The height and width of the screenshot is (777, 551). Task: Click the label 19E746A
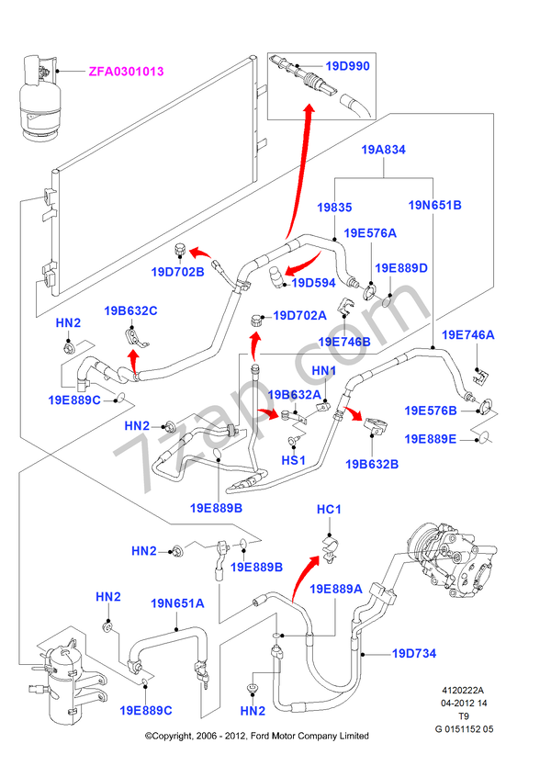pyautogui.click(x=467, y=335)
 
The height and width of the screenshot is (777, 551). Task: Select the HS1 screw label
pyautogui.click(x=293, y=459)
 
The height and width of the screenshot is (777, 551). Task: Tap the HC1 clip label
pyautogui.click(x=329, y=510)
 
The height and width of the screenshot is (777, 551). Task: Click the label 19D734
pyautogui.click(x=414, y=654)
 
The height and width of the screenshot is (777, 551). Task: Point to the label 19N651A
pyautogui.click(x=177, y=603)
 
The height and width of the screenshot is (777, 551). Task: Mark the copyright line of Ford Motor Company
pyautogui.click(x=257, y=736)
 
